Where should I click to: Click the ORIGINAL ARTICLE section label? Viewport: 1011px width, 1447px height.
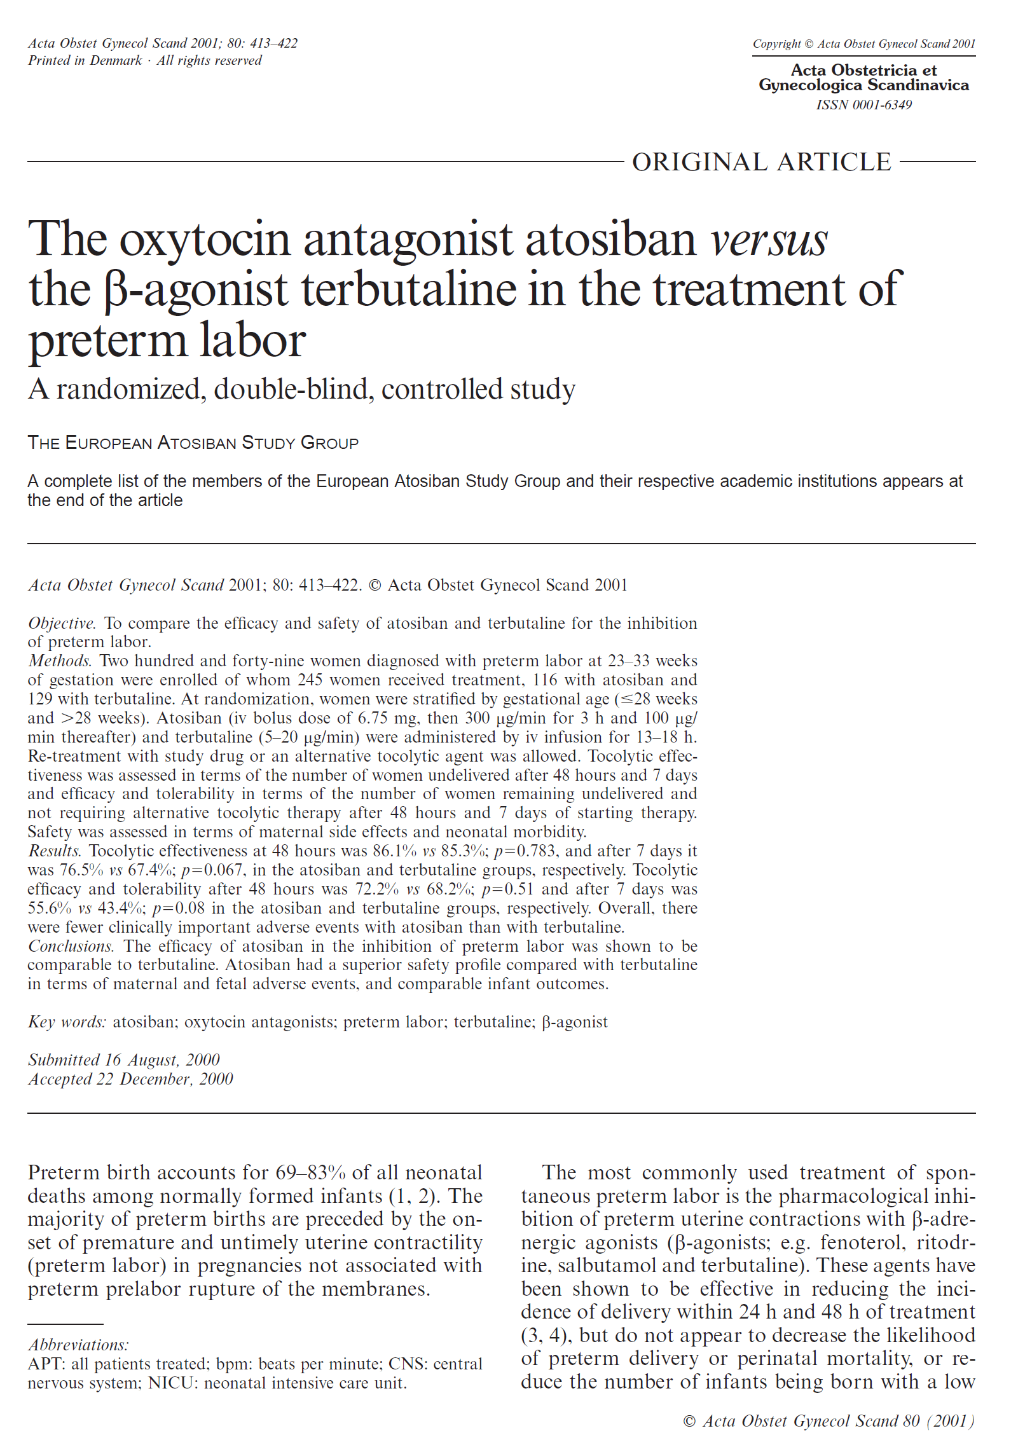[x=761, y=162]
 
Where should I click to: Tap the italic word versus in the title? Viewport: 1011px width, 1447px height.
[x=769, y=240]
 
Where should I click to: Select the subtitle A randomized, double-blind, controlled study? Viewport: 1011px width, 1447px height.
[x=301, y=389]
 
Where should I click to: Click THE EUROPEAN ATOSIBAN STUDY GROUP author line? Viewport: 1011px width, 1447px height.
[x=193, y=443]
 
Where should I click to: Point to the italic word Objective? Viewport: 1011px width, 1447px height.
[x=62, y=623]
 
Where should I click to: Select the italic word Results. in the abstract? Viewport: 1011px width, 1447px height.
[x=55, y=851]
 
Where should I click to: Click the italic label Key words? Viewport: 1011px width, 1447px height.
[x=67, y=1022]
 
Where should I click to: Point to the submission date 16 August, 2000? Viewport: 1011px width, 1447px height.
[x=162, y=1060]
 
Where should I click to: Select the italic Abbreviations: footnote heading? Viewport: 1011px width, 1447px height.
[x=78, y=1345]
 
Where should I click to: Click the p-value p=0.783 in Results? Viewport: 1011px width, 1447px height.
[x=525, y=851]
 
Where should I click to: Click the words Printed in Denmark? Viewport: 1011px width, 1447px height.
[x=85, y=60]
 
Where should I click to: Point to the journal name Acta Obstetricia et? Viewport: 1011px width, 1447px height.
[x=863, y=70]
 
